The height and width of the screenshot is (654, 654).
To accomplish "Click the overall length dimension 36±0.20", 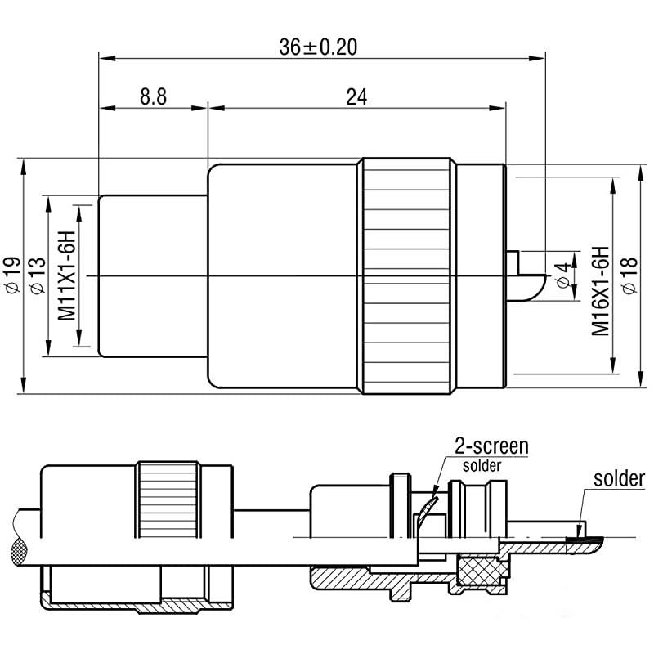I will tap(318, 47).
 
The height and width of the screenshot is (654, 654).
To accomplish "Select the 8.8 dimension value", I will tap(153, 96).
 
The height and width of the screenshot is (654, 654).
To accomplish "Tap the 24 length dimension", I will tap(356, 96).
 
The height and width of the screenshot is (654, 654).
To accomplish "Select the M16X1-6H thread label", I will tap(601, 290).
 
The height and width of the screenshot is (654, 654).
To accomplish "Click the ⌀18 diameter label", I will tap(628, 276).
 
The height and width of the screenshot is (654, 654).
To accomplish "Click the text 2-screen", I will tap(490, 446).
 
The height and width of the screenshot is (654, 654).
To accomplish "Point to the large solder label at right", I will tap(619, 479).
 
